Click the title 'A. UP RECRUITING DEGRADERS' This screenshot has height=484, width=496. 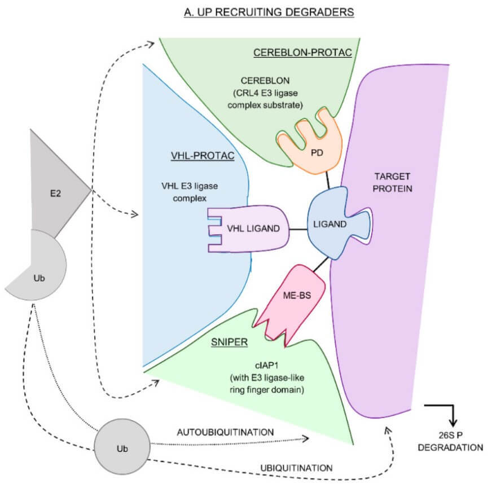[269, 12]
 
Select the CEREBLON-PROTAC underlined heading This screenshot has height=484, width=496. [303, 53]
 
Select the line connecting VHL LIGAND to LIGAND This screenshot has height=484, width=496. [298, 230]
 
